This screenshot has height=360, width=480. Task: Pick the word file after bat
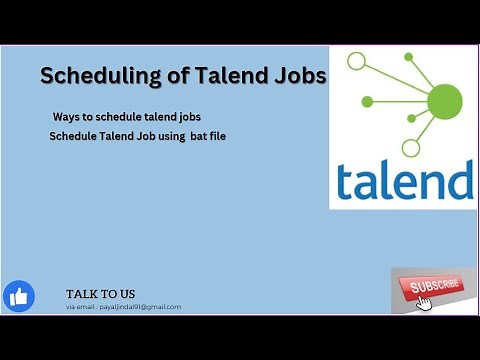(x=217, y=135)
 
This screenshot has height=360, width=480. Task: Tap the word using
(x=167, y=135)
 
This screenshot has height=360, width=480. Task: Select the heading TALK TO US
(x=100, y=293)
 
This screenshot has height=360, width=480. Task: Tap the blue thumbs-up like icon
(x=19, y=296)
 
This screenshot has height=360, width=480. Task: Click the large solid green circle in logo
(x=445, y=99)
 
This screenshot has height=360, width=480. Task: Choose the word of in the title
(x=174, y=76)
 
